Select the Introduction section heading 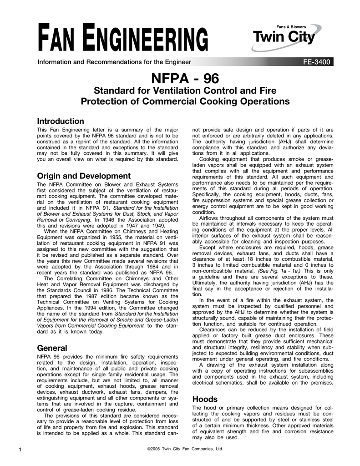tap(60, 121)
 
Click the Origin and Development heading tap(83, 176)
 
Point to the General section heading tap(52, 348)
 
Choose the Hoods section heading tap(205, 399)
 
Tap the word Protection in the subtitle tap(110, 101)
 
